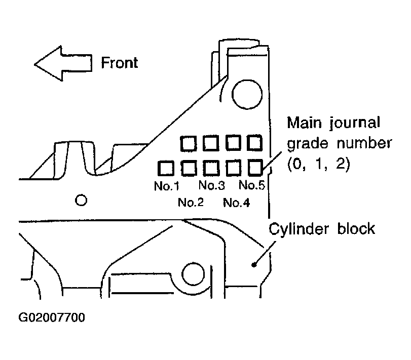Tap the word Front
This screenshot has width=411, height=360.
120,63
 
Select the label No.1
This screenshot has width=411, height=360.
167,186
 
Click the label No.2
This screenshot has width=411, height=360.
191,203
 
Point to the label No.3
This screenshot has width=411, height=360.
212,185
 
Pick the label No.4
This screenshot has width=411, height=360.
237,203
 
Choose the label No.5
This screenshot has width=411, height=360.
252,185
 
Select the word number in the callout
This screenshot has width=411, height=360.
364,143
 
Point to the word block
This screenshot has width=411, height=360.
356,228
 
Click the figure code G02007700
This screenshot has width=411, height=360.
52,317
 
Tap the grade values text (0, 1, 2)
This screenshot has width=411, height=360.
319,165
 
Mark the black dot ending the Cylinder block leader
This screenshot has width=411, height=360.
254,265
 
